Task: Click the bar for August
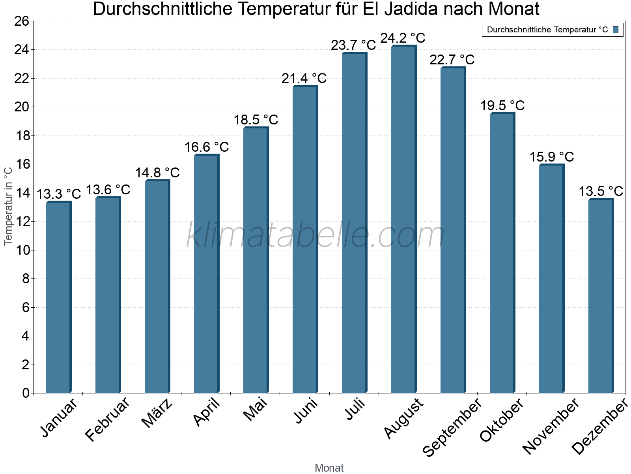[x=403, y=219]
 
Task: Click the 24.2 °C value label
[x=403, y=38]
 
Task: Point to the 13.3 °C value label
[x=58, y=194]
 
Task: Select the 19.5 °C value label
[x=502, y=105]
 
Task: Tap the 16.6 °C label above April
[x=206, y=147]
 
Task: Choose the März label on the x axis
[x=157, y=414]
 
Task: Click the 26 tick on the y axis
[x=22, y=21]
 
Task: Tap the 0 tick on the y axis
[x=26, y=393]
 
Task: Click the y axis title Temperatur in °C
[x=8, y=206]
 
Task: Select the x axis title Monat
[x=329, y=468]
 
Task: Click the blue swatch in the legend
[x=616, y=30]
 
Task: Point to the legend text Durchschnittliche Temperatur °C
[x=547, y=30]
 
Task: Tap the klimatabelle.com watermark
[x=315, y=235]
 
